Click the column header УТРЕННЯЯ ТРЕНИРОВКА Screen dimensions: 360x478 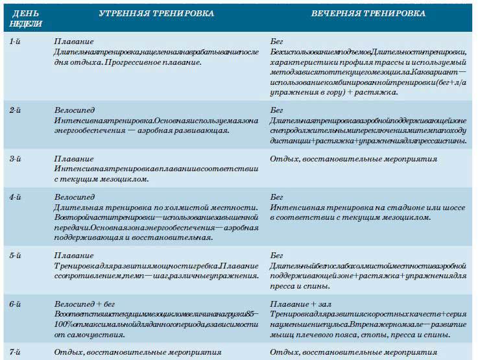(x=156, y=14)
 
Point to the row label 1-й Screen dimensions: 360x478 (x=18, y=42)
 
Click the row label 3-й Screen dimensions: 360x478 (x=18, y=159)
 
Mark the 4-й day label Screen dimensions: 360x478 (x=18, y=197)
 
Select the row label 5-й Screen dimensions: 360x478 (x=18, y=256)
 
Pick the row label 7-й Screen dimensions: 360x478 (x=18, y=352)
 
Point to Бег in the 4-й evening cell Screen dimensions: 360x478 (x=276, y=197)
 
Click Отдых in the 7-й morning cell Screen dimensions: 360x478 (x=68, y=352)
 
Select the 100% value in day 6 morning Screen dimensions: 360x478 (x=64, y=324)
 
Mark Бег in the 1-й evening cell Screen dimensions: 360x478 (x=276, y=42)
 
